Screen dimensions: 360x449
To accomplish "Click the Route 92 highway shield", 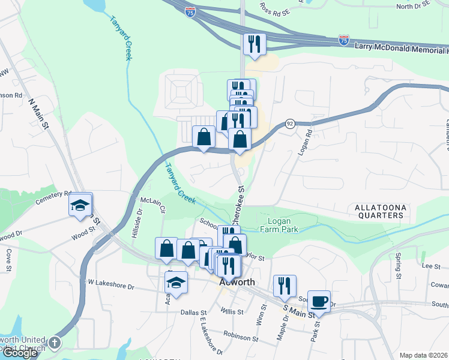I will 289,123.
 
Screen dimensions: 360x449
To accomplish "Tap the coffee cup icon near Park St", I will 319,301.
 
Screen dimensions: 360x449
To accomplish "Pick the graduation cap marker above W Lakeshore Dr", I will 176,281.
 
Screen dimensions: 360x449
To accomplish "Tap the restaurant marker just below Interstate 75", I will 255,44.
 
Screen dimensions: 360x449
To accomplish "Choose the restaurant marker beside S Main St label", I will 285,286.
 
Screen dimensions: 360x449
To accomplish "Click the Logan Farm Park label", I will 280,225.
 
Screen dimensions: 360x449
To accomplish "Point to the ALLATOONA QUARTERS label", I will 380,211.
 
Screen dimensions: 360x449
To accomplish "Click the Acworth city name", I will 237,282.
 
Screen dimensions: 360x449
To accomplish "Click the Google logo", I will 20,353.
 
